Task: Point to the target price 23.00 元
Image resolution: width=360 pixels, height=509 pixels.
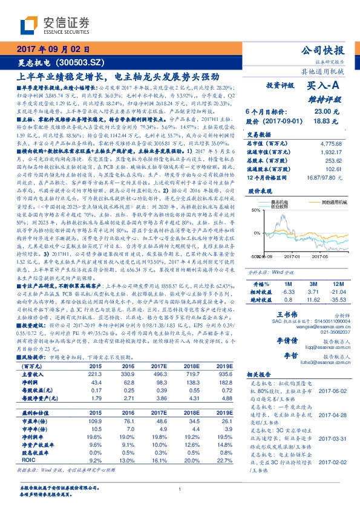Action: click(x=324, y=111)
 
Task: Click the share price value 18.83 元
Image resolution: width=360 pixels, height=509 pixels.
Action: click(x=324, y=121)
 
